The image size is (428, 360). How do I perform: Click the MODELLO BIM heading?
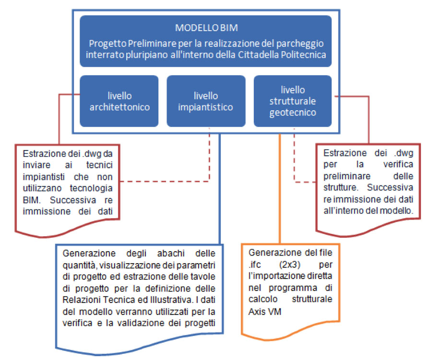[x=206, y=28]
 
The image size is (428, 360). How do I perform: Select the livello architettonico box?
[x=119, y=101]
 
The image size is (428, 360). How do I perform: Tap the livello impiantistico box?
[x=206, y=101]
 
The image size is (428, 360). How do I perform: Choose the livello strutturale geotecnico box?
[x=293, y=101]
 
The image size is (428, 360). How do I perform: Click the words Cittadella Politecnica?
[x=282, y=55]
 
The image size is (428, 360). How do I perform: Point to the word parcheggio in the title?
[x=300, y=44]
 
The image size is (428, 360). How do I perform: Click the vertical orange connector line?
[x=280, y=188]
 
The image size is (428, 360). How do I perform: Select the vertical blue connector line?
[x=219, y=189]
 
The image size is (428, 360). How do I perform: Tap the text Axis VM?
[x=265, y=312]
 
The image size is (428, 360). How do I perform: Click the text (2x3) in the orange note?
[x=290, y=265]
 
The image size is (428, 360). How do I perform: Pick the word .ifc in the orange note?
[x=255, y=265]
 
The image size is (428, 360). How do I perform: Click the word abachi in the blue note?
[x=171, y=254]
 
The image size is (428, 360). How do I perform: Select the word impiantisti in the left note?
[x=44, y=177]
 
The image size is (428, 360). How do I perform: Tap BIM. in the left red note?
[x=32, y=200]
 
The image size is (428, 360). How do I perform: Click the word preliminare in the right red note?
[x=347, y=176]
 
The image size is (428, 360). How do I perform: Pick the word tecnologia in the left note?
[x=91, y=188]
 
